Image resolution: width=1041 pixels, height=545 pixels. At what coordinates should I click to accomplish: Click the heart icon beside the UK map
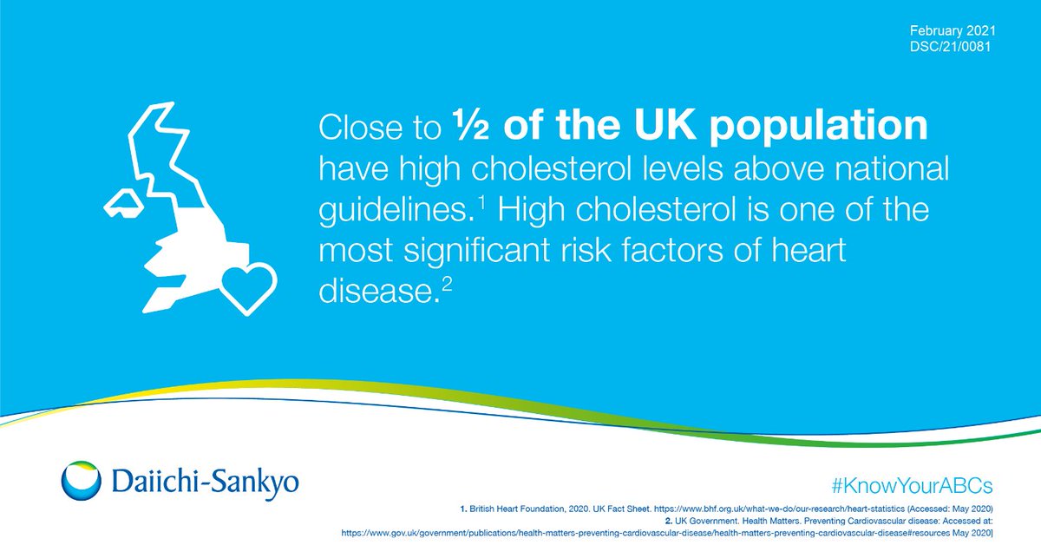coord(248,286)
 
